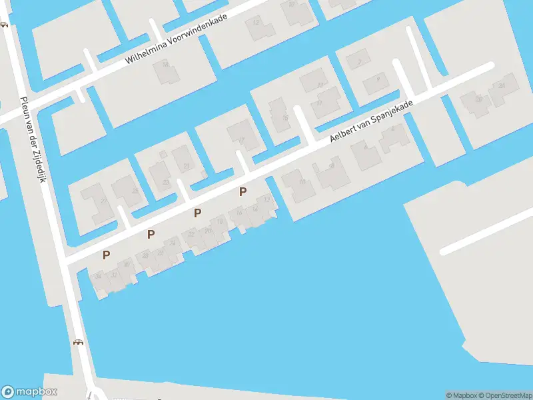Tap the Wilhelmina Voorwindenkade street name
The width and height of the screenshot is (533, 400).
pyautogui.click(x=177, y=39)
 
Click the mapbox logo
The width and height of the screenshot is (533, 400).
pyautogui.click(x=29, y=392)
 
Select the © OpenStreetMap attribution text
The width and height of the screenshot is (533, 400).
pyautogui.click(x=505, y=395)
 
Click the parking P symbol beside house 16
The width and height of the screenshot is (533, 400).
pyautogui.click(x=243, y=192)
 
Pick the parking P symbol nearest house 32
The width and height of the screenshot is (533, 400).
pyautogui.click(x=106, y=255)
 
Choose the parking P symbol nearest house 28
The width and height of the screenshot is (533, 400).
pyautogui.click(x=151, y=234)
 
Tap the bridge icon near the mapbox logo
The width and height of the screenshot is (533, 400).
pyautogui.click(x=79, y=343)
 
